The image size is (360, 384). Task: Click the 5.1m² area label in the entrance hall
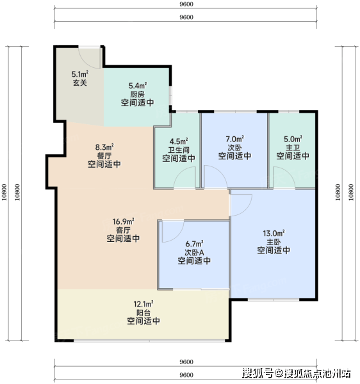point(80,74)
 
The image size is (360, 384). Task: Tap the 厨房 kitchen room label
point(137,94)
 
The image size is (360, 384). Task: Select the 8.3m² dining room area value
point(104,147)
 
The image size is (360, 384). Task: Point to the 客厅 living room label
point(123,230)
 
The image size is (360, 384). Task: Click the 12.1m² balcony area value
point(143,304)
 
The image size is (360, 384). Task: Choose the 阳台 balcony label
point(143,313)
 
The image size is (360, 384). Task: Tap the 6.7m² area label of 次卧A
point(194,244)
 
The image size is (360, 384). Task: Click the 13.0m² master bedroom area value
point(274,234)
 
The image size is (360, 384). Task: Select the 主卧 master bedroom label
point(274,242)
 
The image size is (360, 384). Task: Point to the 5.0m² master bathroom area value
point(293,139)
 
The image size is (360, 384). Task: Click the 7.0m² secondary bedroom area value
point(235,139)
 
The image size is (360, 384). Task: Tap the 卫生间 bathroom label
point(179,150)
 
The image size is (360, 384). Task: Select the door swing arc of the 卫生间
point(181,171)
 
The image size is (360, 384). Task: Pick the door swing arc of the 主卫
point(288,171)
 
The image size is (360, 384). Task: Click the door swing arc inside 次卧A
point(179,236)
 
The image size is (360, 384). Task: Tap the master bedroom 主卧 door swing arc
point(247,210)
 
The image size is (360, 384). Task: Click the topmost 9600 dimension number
point(186,4)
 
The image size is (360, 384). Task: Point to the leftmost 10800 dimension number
point(4,192)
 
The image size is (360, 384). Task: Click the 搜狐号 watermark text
point(258,373)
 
